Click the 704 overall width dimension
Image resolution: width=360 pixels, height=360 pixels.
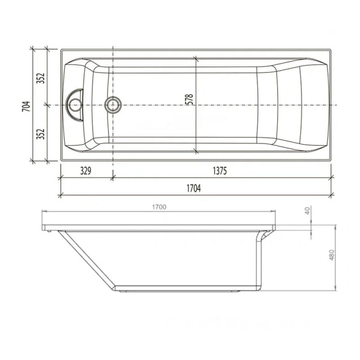[25, 106]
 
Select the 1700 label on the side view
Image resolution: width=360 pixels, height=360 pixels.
[158, 207]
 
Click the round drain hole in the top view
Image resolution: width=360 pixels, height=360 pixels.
[112, 106]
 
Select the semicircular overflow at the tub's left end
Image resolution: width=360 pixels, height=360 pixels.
[76, 106]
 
